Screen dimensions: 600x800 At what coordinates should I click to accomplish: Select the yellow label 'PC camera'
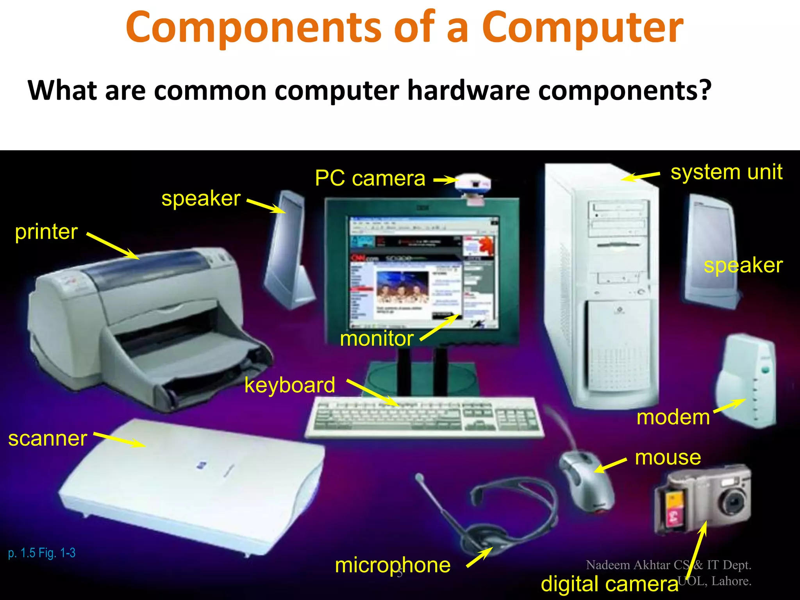coord(370,179)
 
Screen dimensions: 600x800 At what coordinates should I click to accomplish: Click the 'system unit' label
coord(726,172)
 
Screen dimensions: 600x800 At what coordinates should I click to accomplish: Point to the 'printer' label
coord(46,232)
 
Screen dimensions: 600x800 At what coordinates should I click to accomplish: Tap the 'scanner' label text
coord(48,438)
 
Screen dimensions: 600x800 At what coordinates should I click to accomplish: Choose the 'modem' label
coord(673,417)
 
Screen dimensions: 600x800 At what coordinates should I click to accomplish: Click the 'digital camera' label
coord(609,584)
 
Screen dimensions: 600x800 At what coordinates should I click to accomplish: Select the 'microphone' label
coord(393,565)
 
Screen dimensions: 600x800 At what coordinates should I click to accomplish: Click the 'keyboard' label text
coord(290,385)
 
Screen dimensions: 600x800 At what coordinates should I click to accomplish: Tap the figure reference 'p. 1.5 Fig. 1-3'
coord(42,553)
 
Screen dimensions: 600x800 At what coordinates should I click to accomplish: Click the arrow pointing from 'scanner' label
coord(120,439)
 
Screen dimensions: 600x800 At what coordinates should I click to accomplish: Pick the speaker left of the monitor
coord(287,250)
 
